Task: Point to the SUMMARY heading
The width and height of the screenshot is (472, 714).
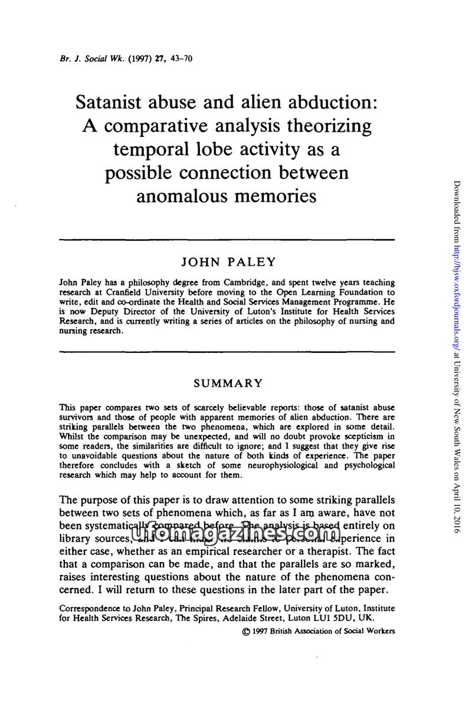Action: (228, 384)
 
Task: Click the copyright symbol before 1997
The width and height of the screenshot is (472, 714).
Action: (245, 631)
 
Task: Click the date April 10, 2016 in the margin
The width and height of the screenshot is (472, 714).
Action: (456, 503)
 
